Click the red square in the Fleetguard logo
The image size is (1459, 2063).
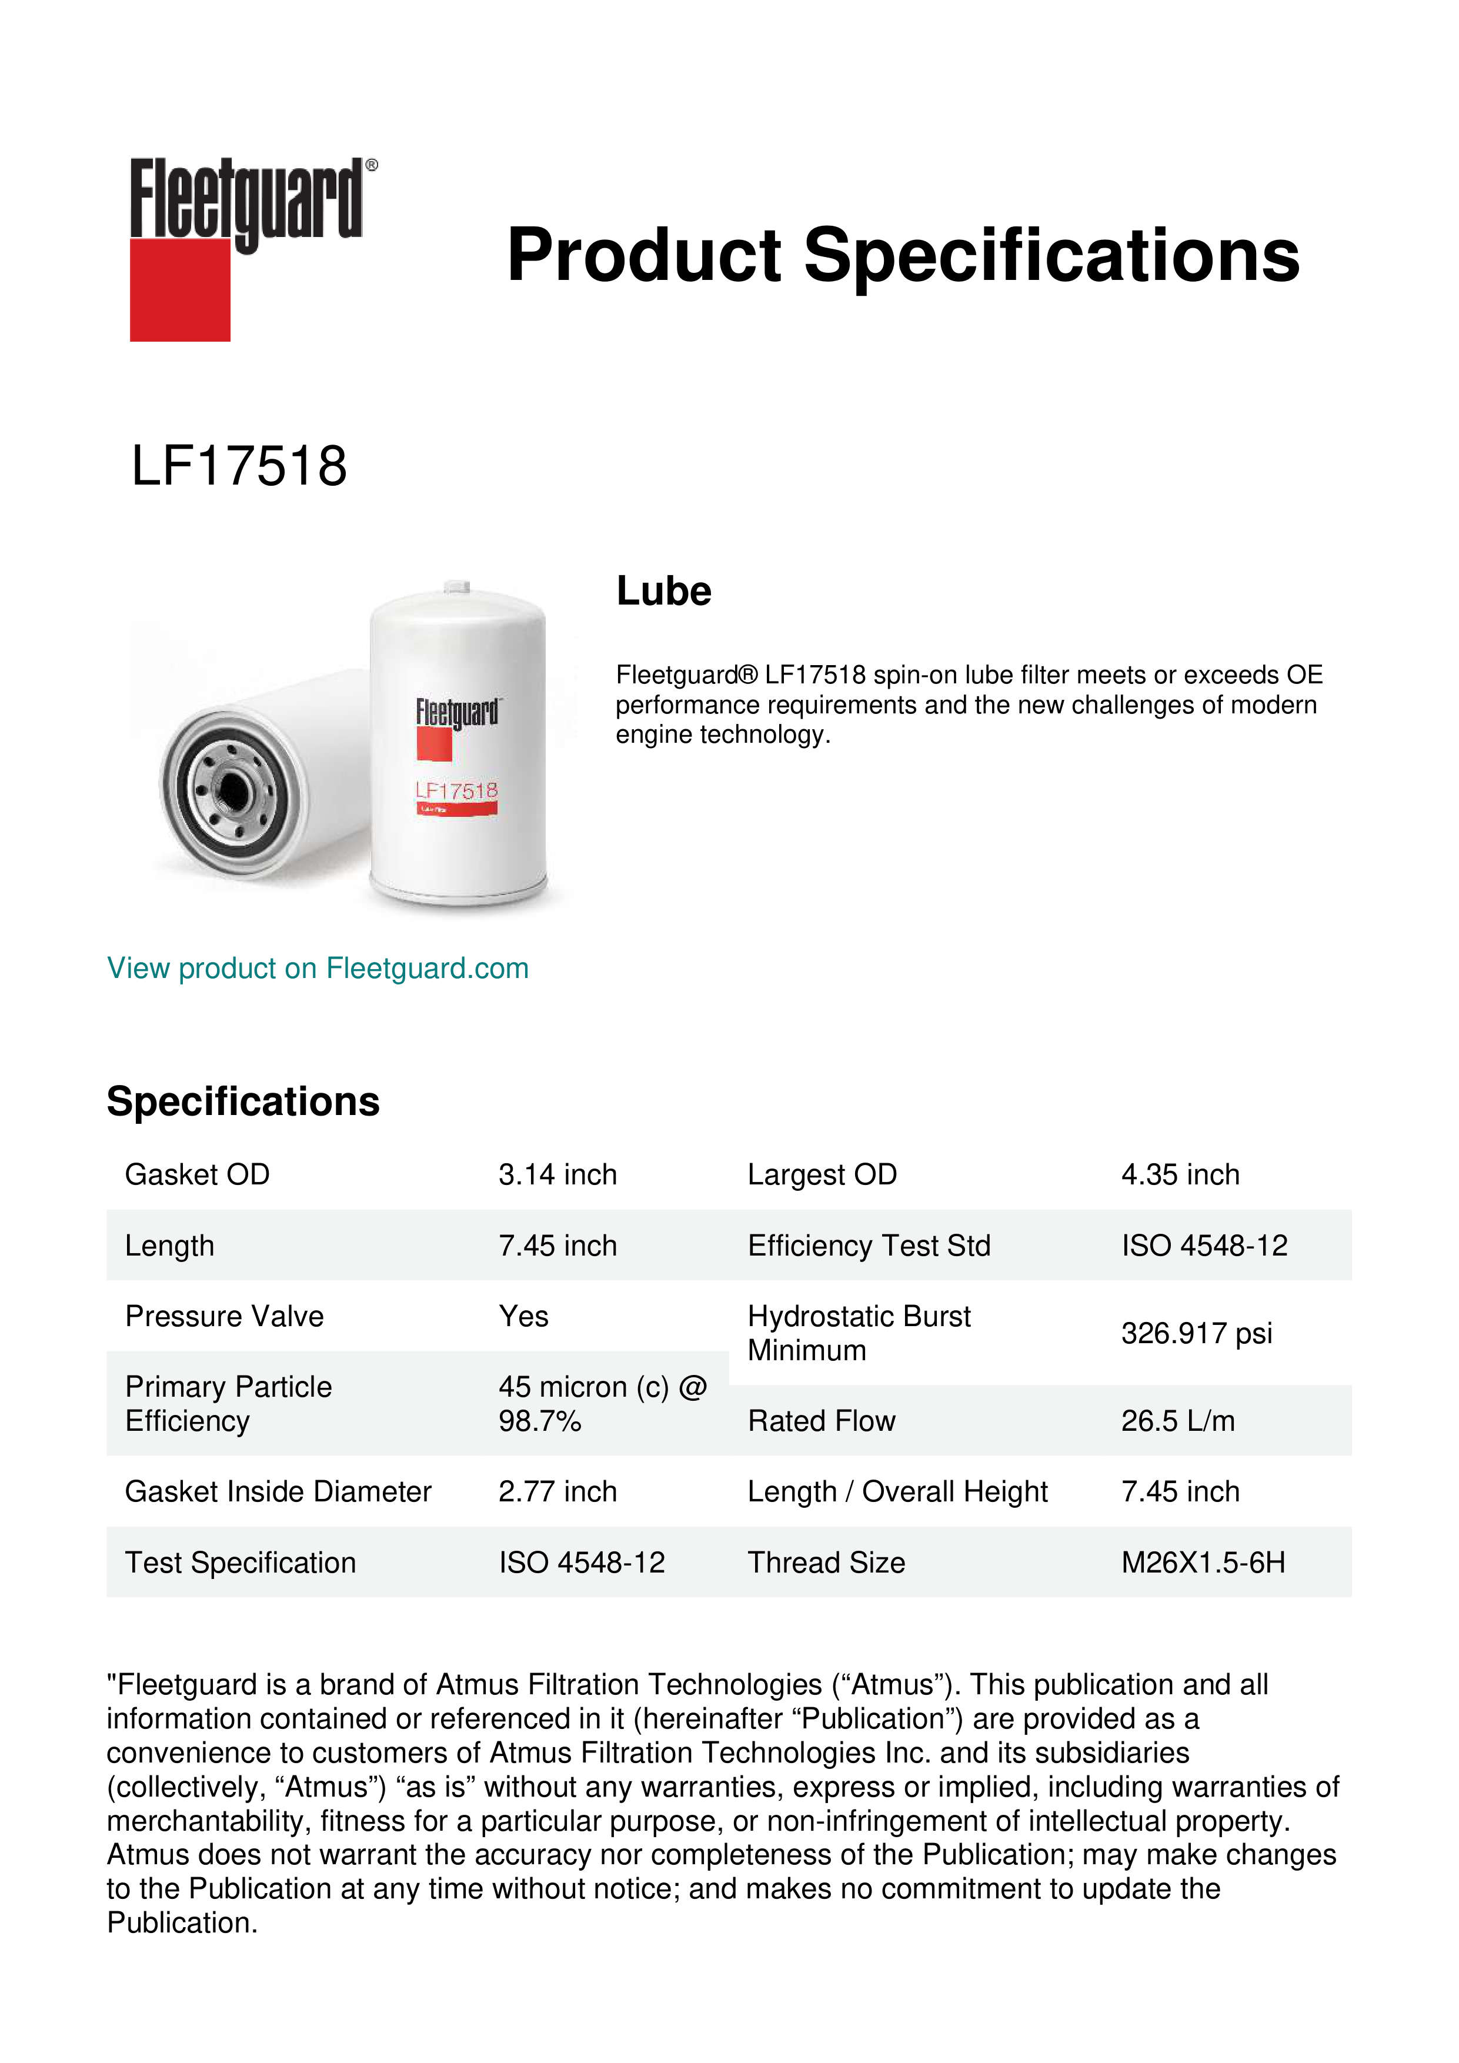tap(180, 289)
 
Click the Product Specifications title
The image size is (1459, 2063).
tap(903, 255)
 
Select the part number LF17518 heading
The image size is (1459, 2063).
tap(239, 466)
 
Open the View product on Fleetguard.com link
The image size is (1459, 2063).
tap(318, 969)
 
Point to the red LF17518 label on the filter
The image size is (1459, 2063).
tap(456, 791)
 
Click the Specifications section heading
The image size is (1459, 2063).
tap(242, 1101)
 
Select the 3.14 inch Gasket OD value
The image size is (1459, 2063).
tap(557, 1174)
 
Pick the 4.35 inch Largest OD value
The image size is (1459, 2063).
tap(1180, 1174)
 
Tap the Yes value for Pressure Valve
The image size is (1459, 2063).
tap(524, 1316)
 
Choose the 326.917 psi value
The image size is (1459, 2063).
tap(1196, 1333)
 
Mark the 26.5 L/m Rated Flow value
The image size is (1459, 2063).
tap(1178, 1421)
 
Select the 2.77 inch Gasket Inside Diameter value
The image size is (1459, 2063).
tap(557, 1491)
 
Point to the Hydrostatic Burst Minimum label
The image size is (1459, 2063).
tap(859, 1333)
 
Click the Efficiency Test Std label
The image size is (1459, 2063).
tap(869, 1246)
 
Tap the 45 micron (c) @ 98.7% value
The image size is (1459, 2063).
tap(602, 1404)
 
